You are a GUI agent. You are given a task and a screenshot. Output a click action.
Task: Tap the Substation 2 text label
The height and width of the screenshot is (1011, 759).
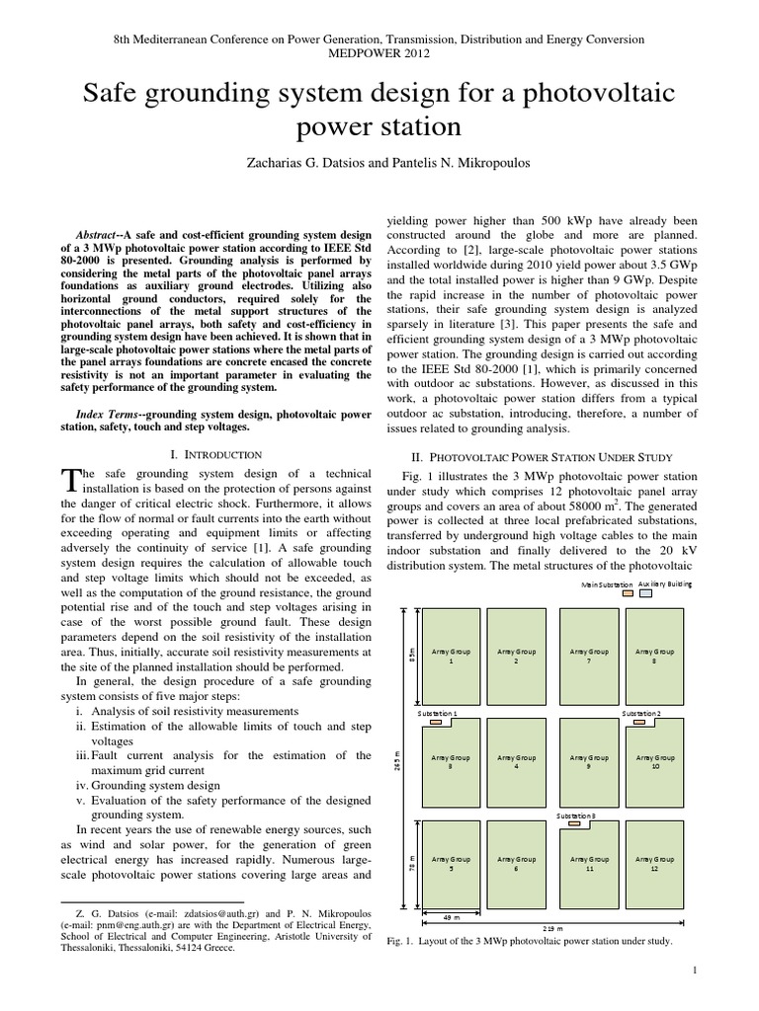pos(642,712)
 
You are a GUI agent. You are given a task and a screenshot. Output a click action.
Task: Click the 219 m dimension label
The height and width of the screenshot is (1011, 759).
pos(553,929)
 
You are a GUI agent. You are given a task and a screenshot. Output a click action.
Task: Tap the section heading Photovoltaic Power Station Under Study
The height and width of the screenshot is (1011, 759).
pos(542,457)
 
